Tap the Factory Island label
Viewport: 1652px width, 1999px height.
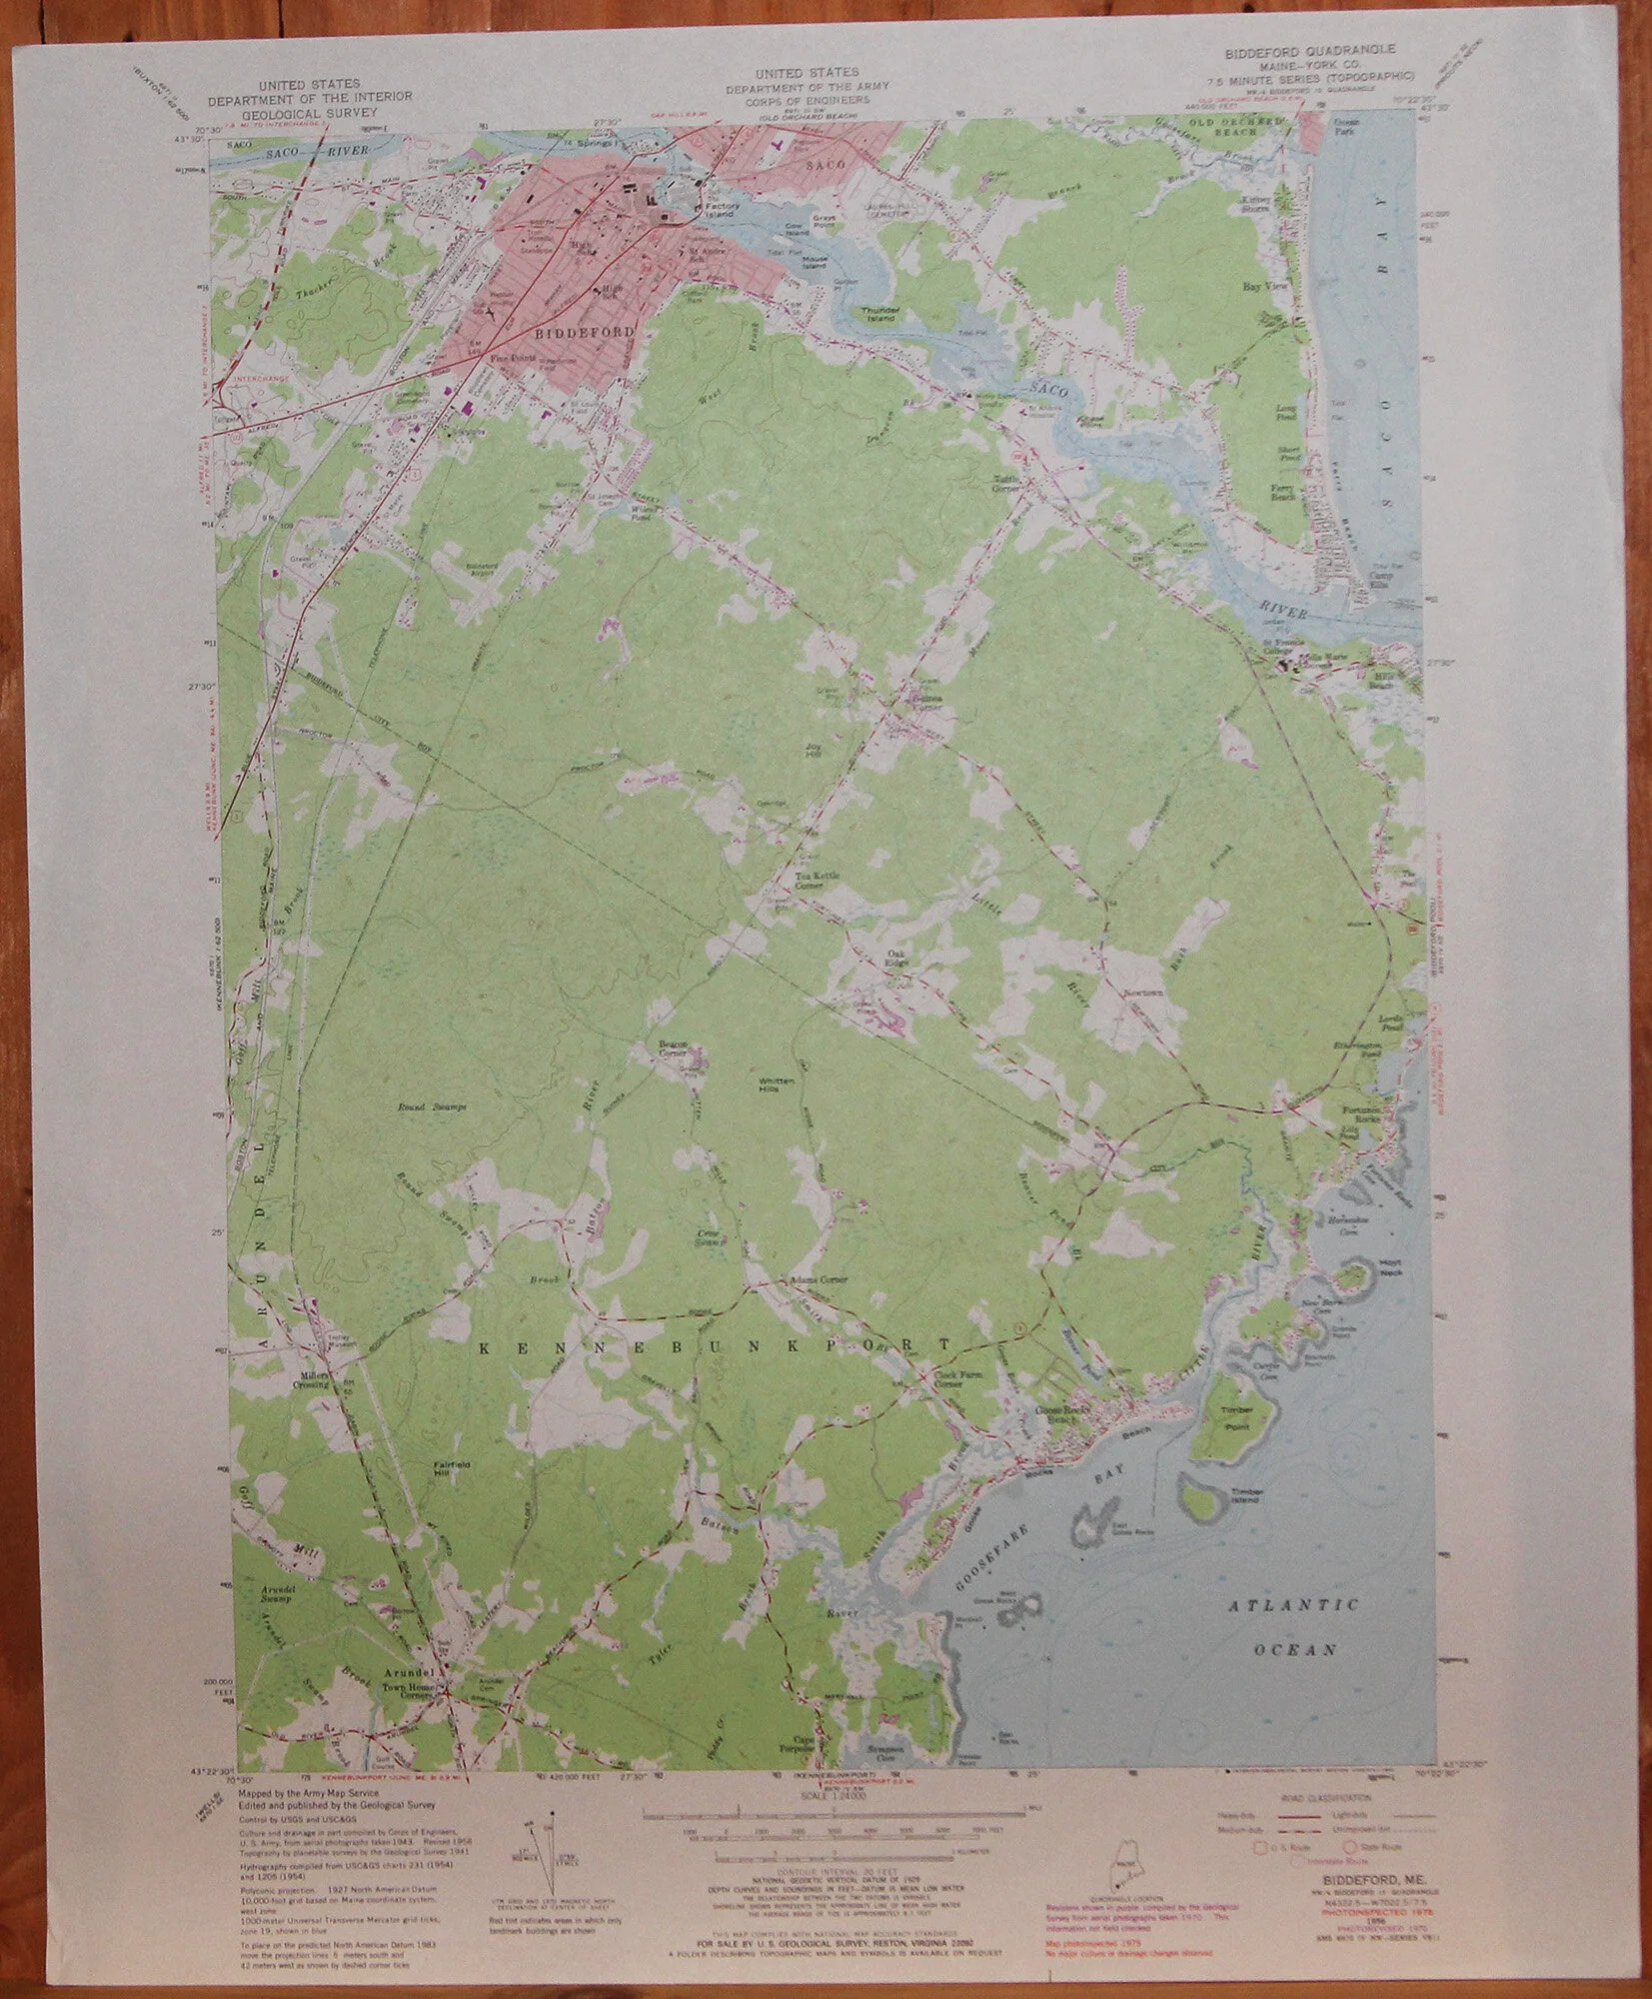(716, 212)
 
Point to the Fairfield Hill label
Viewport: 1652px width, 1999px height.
(451, 1471)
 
